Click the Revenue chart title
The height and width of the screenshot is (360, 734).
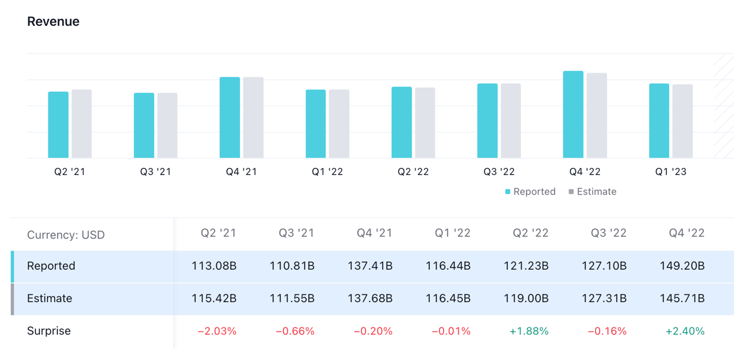click(x=53, y=21)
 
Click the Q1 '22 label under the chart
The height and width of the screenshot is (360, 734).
click(x=327, y=172)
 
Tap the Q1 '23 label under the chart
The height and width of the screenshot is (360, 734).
click(x=671, y=172)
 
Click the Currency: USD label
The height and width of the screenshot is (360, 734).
click(x=66, y=235)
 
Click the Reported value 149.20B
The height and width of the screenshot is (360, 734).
click(x=682, y=266)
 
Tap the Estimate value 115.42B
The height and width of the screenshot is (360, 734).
click(x=214, y=298)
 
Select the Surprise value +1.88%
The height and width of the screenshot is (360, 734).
click(x=529, y=331)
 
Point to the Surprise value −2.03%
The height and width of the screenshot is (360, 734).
click(x=217, y=331)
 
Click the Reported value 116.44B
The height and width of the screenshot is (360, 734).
click(x=448, y=266)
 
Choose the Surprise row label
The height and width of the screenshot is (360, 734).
click(x=49, y=331)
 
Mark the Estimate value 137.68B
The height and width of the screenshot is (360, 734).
click(x=370, y=298)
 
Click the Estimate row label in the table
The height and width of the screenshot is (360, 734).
click(x=49, y=298)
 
